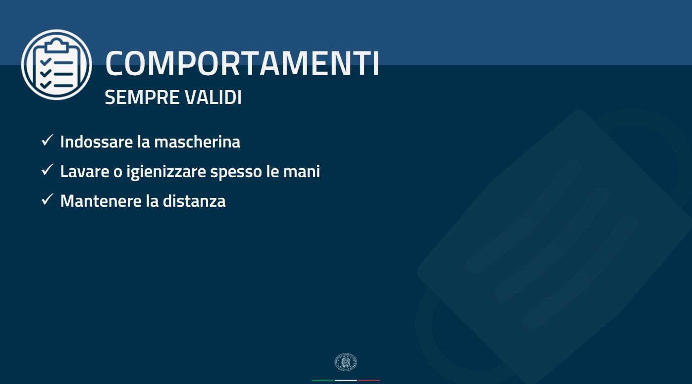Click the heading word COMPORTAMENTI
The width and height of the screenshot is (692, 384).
[242, 63]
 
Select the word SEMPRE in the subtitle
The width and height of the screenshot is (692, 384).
[142, 97]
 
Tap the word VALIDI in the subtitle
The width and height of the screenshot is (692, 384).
[213, 97]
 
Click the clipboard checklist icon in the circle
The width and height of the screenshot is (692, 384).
[56, 64]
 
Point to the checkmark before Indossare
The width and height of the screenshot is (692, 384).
[47, 140]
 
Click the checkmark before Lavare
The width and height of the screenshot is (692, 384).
[47, 170]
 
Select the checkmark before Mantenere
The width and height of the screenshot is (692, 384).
[47, 199]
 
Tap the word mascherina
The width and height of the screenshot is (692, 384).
[197, 142]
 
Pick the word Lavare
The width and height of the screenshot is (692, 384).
[85, 172]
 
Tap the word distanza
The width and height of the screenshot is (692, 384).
[194, 201]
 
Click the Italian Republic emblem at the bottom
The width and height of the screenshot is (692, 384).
[346, 362]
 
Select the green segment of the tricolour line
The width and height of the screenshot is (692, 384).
[323, 381]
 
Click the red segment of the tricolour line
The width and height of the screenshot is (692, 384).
[369, 381]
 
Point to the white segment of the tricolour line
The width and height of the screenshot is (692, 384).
[346, 381]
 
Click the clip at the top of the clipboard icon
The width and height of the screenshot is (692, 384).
[56, 46]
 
